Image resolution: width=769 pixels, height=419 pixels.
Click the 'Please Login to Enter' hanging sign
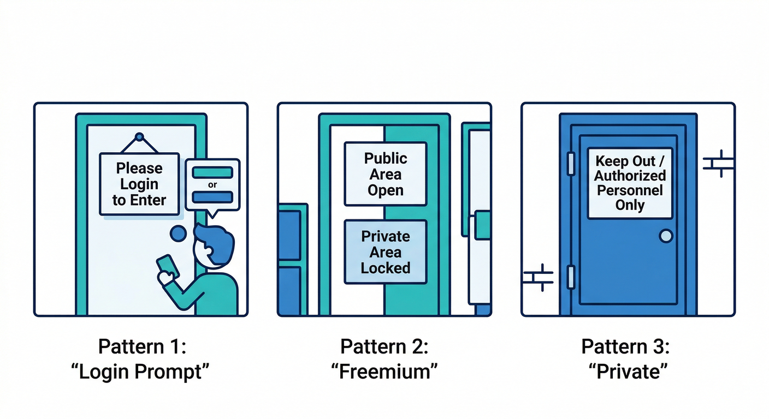pyautogui.click(x=139, y=184)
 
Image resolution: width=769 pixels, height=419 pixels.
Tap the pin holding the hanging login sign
pyautogui.click(x=139, y=136)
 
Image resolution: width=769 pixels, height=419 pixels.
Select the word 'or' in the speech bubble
pyautogui.click(x=212, y=185)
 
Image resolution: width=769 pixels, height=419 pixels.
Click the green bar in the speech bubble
pyautogui.click(x=212, y=172)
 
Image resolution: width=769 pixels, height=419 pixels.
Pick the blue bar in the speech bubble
pyautogui.click(x=212, y=197)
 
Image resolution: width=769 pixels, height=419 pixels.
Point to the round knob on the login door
pyautogui.click(x=179, y=234)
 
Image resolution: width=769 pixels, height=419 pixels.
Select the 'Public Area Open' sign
pyautogui.click(x=386, y=174)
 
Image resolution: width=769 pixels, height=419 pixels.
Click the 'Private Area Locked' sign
pyautogui.click(x=386, y=252)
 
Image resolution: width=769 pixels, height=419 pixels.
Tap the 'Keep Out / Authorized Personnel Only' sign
pyautogui.click(x=630, y=183)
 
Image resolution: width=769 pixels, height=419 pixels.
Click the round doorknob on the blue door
pyautogui.click(x=666, y=236)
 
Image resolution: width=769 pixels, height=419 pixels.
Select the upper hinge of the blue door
pyautogui.click(x=571, y=164)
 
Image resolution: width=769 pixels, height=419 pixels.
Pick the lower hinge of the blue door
pyautogui.click(x=571, y=277)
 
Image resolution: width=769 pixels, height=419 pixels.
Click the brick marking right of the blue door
pyautogui.click(x=718, y=163)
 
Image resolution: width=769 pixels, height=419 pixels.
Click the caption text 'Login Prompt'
pyautogui.click(x=140, y=372)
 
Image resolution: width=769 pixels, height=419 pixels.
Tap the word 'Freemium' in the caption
pyautogui.click(x=384, y=372)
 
